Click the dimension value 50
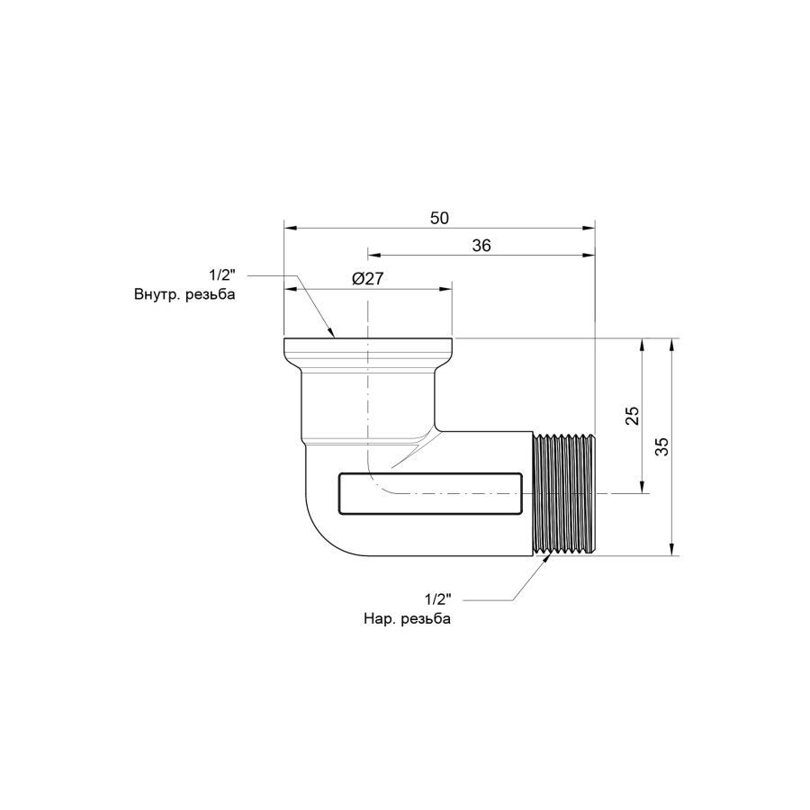439,218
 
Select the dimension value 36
481,246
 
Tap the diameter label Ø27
368,279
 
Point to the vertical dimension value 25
633,415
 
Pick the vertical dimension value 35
661,446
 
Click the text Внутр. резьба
184,294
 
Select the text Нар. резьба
407,618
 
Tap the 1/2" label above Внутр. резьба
222,275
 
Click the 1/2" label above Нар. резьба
438,599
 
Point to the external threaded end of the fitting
564,494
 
